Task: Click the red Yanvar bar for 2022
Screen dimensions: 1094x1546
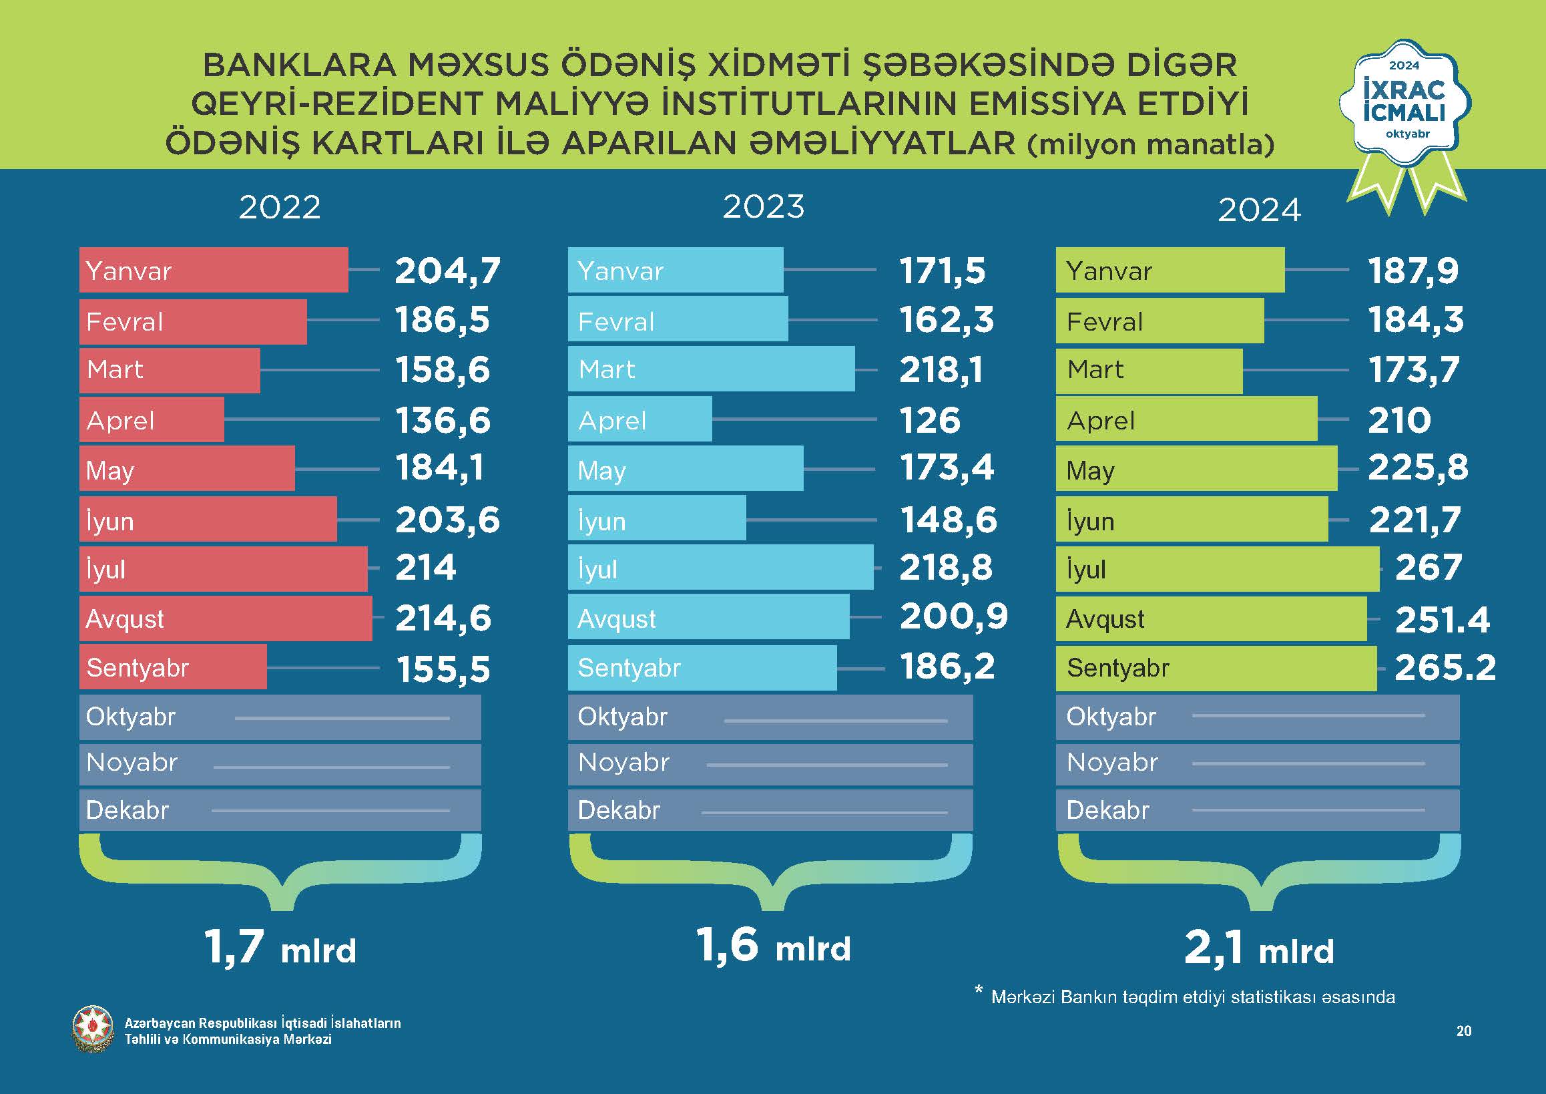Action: [214, 270]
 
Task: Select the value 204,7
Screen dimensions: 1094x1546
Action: [447, 270]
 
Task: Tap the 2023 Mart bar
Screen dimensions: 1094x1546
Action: [711, 369]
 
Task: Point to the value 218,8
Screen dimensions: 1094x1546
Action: [945, 567]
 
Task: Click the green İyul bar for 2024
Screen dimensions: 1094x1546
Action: [1217, 569]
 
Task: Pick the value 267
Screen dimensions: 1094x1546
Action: [1427, 567]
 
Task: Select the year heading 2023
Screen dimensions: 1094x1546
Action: [764, 207]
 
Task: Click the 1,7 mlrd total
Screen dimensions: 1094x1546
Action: [280, 947]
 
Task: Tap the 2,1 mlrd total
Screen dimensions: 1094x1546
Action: [1258, 948]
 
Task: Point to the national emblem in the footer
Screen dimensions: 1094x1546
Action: [93, 1030]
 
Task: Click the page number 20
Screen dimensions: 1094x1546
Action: [1463, 1031]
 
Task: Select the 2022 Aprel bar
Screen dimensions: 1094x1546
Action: [152, 419]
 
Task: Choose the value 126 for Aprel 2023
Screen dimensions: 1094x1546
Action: [929, 420]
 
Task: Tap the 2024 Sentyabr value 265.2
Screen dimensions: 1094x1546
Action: [1445, 668]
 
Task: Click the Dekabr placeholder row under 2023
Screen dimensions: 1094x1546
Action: [770, 810]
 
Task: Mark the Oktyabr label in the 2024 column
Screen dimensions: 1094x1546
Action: [1111, 717]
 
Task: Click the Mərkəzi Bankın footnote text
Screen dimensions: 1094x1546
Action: [1192, 997]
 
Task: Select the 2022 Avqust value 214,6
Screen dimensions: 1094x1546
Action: [443, 618]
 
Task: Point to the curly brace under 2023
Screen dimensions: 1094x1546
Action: [770, 872]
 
